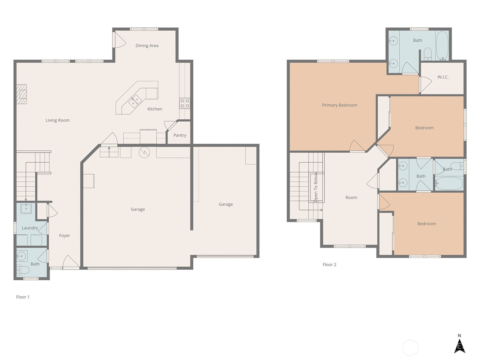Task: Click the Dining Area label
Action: (x=147, y=46)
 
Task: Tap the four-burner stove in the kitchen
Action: (x=185, y=103)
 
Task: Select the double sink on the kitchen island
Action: (x=135, y=101)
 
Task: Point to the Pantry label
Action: (x=180, y=135)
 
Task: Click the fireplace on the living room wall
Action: (x=22, y=94)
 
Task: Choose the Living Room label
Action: (x=58, y=120)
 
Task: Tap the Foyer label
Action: (x=64, y=235)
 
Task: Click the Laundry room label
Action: (x=30, y=228)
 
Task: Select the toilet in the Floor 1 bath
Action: (x=23, y=270)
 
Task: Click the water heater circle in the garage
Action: (x=144, y=152)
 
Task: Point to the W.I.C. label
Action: (x=443, y=77)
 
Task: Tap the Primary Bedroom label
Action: (x=340, y=105)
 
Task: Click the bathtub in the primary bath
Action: (x=442, y=46)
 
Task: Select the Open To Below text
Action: (x=316, y=187)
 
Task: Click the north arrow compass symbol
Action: (x=460, y=346)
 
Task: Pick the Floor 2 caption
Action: (x=329, y=265)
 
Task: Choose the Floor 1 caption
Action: (x=23, y=297)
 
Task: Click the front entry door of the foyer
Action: (x=71, y=262)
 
